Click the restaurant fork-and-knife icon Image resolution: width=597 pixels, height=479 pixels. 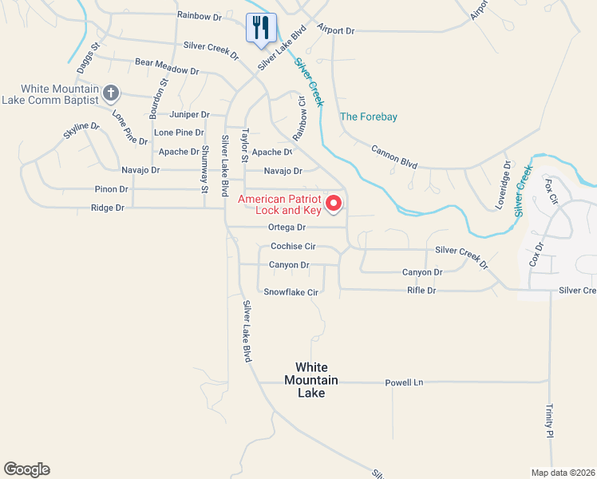pos(260,29)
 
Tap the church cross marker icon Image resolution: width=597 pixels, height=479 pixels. pos(111,94)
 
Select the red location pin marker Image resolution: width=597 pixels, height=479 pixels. pos(334,204)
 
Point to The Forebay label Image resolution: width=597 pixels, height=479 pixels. pos(369,117)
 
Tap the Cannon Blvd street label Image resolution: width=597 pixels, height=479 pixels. pos(394,156)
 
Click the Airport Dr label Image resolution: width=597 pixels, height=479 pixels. pos(335,30)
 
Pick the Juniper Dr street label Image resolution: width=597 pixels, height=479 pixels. pos(189,115)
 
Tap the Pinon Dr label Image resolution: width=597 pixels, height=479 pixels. pos(112,189)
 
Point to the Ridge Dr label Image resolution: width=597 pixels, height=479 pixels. pos(109,208)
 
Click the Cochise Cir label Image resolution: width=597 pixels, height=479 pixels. pos(294,247)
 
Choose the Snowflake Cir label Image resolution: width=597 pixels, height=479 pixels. pos(291,293)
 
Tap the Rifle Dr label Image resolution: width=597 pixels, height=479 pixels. pos(421,291)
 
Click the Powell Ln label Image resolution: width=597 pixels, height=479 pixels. pos(403,382)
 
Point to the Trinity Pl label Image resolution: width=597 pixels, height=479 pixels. pos(549,421)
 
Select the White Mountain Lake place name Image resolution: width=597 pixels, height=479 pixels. pos(311,380)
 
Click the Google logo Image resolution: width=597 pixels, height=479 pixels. pos(26,469)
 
